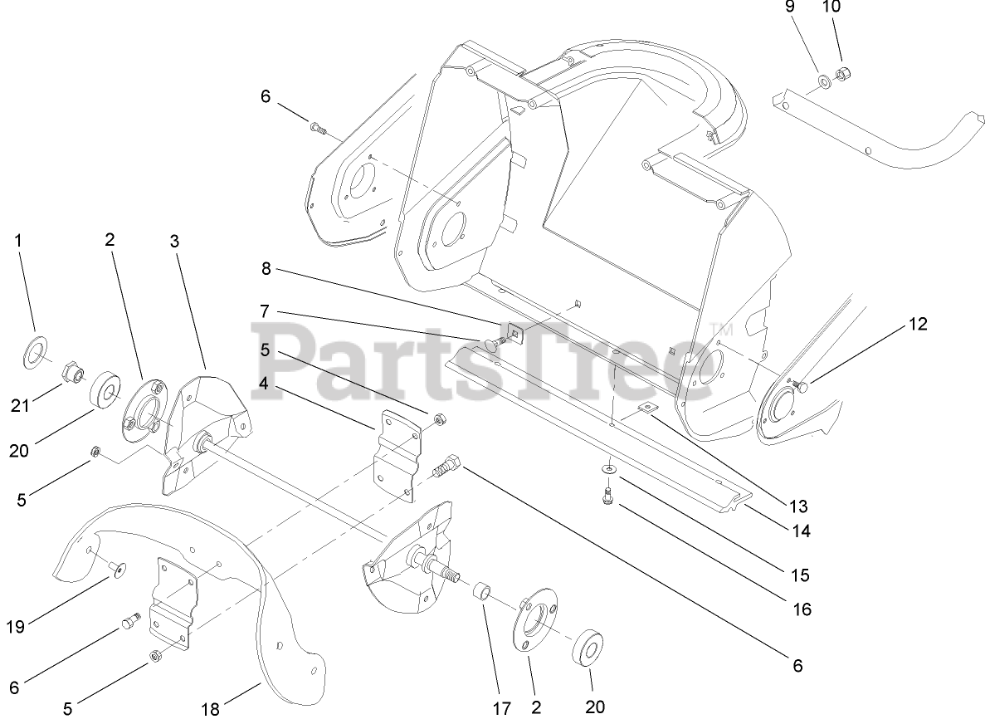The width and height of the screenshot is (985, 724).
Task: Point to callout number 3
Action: click(x=173, y=242)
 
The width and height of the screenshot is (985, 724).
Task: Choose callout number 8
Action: click(x=266, y=269)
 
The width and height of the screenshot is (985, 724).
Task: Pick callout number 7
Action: click(x=265, y=311)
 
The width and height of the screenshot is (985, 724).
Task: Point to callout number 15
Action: click(x=799, y=575)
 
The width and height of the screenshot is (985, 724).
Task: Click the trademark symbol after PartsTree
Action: click(x=715, y=330)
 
